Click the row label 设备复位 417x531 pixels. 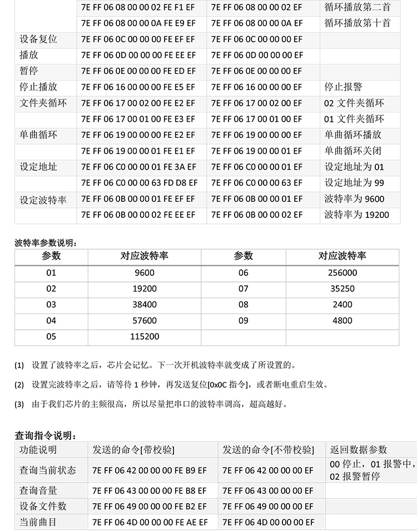[38, 39]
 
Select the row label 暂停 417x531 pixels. [29, 71]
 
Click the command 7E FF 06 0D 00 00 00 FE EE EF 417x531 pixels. [138, 56]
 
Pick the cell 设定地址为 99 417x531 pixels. [354, 183]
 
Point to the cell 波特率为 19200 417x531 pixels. [356, 215]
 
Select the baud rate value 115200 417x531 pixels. [145, 336]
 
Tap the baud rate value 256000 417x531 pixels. [342, 272]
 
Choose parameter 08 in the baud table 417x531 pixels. [244, 305]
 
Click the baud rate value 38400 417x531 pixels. [145, 305]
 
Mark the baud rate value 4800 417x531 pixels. [342, 321]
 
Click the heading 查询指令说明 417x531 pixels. [45, 435]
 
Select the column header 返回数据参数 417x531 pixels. [359, 450]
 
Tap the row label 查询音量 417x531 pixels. [38, 490]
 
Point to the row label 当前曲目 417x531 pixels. [38, 522]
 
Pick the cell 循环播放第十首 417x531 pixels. [358, 23]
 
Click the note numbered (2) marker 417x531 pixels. [19, 385]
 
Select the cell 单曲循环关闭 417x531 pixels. [353, 151]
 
